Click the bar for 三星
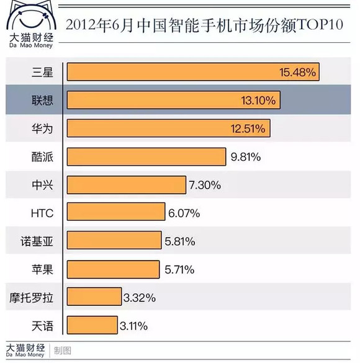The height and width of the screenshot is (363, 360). coord(193,72)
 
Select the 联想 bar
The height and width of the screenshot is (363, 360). coord(174,100)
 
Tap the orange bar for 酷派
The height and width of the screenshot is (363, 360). coord(146,157)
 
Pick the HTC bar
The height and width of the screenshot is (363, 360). coord(116,212)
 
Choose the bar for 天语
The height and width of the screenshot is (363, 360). coord(92,325)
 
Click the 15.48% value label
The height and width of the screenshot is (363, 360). coord(297,73)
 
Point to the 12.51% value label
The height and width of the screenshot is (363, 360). coord(248,128)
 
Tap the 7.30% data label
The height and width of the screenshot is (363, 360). coord(205,185)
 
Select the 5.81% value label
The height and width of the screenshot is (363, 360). coord(180,241)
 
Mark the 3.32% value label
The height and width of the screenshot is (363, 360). coord(140,298)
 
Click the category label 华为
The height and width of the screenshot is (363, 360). coord(42,128)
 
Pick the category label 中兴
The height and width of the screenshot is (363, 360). coord(42,185)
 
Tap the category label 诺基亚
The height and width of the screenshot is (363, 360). coord(37,241)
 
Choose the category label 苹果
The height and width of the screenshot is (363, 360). coord(42,270)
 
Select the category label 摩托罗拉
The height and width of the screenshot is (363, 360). coord(31,298)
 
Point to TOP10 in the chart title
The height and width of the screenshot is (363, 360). coord(320,24)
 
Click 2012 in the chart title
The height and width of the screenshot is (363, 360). coord(81,25)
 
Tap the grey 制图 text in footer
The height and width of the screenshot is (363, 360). coord(63,351)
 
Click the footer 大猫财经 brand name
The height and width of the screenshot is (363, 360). coord(25,347)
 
